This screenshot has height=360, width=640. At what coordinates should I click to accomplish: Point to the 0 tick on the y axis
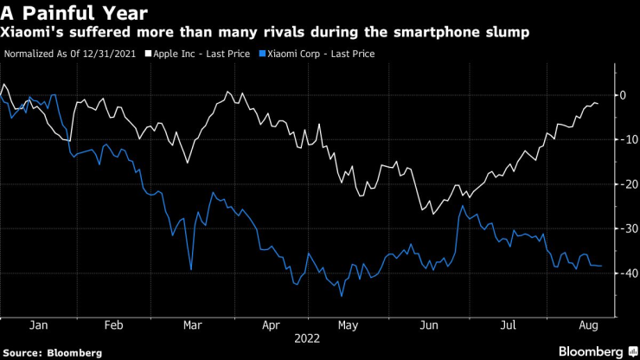coord(622,95)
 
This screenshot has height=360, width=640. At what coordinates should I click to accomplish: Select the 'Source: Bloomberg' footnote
coord(52,352)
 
